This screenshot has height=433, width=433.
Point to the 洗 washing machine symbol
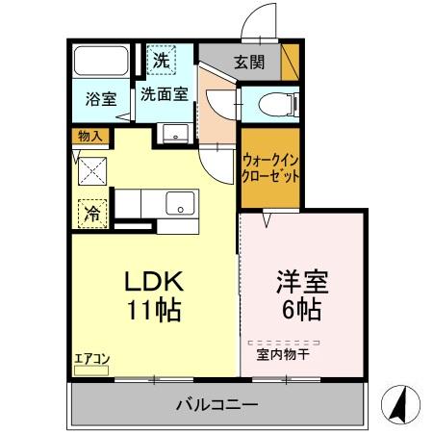click(164, 60)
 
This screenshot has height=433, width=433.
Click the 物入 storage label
click(89, 136)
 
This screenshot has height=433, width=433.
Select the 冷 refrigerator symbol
click(92, 212)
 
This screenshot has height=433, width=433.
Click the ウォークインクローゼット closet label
click(270, 168)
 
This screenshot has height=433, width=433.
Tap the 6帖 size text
click(303, 311)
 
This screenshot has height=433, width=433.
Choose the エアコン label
click(92, 360)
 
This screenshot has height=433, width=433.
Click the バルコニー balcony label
click(216, 405)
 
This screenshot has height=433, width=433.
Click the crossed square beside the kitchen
click(92, 171)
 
